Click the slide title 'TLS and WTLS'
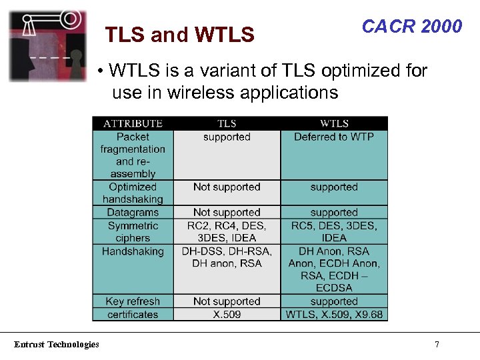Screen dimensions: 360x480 [x=180, y=35]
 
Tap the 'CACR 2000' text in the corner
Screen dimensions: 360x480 [x=411, y=26]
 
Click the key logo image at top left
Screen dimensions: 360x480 [x=47, y=45]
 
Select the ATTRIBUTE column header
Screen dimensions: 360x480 [x=133, y=123]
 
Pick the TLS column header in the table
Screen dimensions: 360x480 [x=227, y=123]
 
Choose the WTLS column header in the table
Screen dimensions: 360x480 [x=334, y=123]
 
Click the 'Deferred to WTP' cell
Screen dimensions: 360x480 [x=334, y=137]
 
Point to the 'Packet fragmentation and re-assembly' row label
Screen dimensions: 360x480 [x=133, y=155]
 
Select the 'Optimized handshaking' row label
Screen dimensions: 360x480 [x=133, y=193]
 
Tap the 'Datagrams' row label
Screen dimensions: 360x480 [x=133, y=213]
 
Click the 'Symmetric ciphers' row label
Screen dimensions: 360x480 [x=133, y=232]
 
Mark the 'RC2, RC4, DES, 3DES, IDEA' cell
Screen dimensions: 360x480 [x=227, y=232]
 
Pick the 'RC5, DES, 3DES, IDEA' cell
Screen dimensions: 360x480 [x=334, y=232]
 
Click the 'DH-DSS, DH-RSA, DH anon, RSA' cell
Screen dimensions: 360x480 [x=227, y=257]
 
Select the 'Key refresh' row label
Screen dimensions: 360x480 [x=133, y=301]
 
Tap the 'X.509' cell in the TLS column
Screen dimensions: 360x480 [x=227, y=314]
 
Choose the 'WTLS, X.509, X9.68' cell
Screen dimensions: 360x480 [x=334, y=314]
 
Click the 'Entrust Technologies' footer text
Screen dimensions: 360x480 [x=57, y=345]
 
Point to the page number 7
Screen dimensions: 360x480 [x=437, y=345]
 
